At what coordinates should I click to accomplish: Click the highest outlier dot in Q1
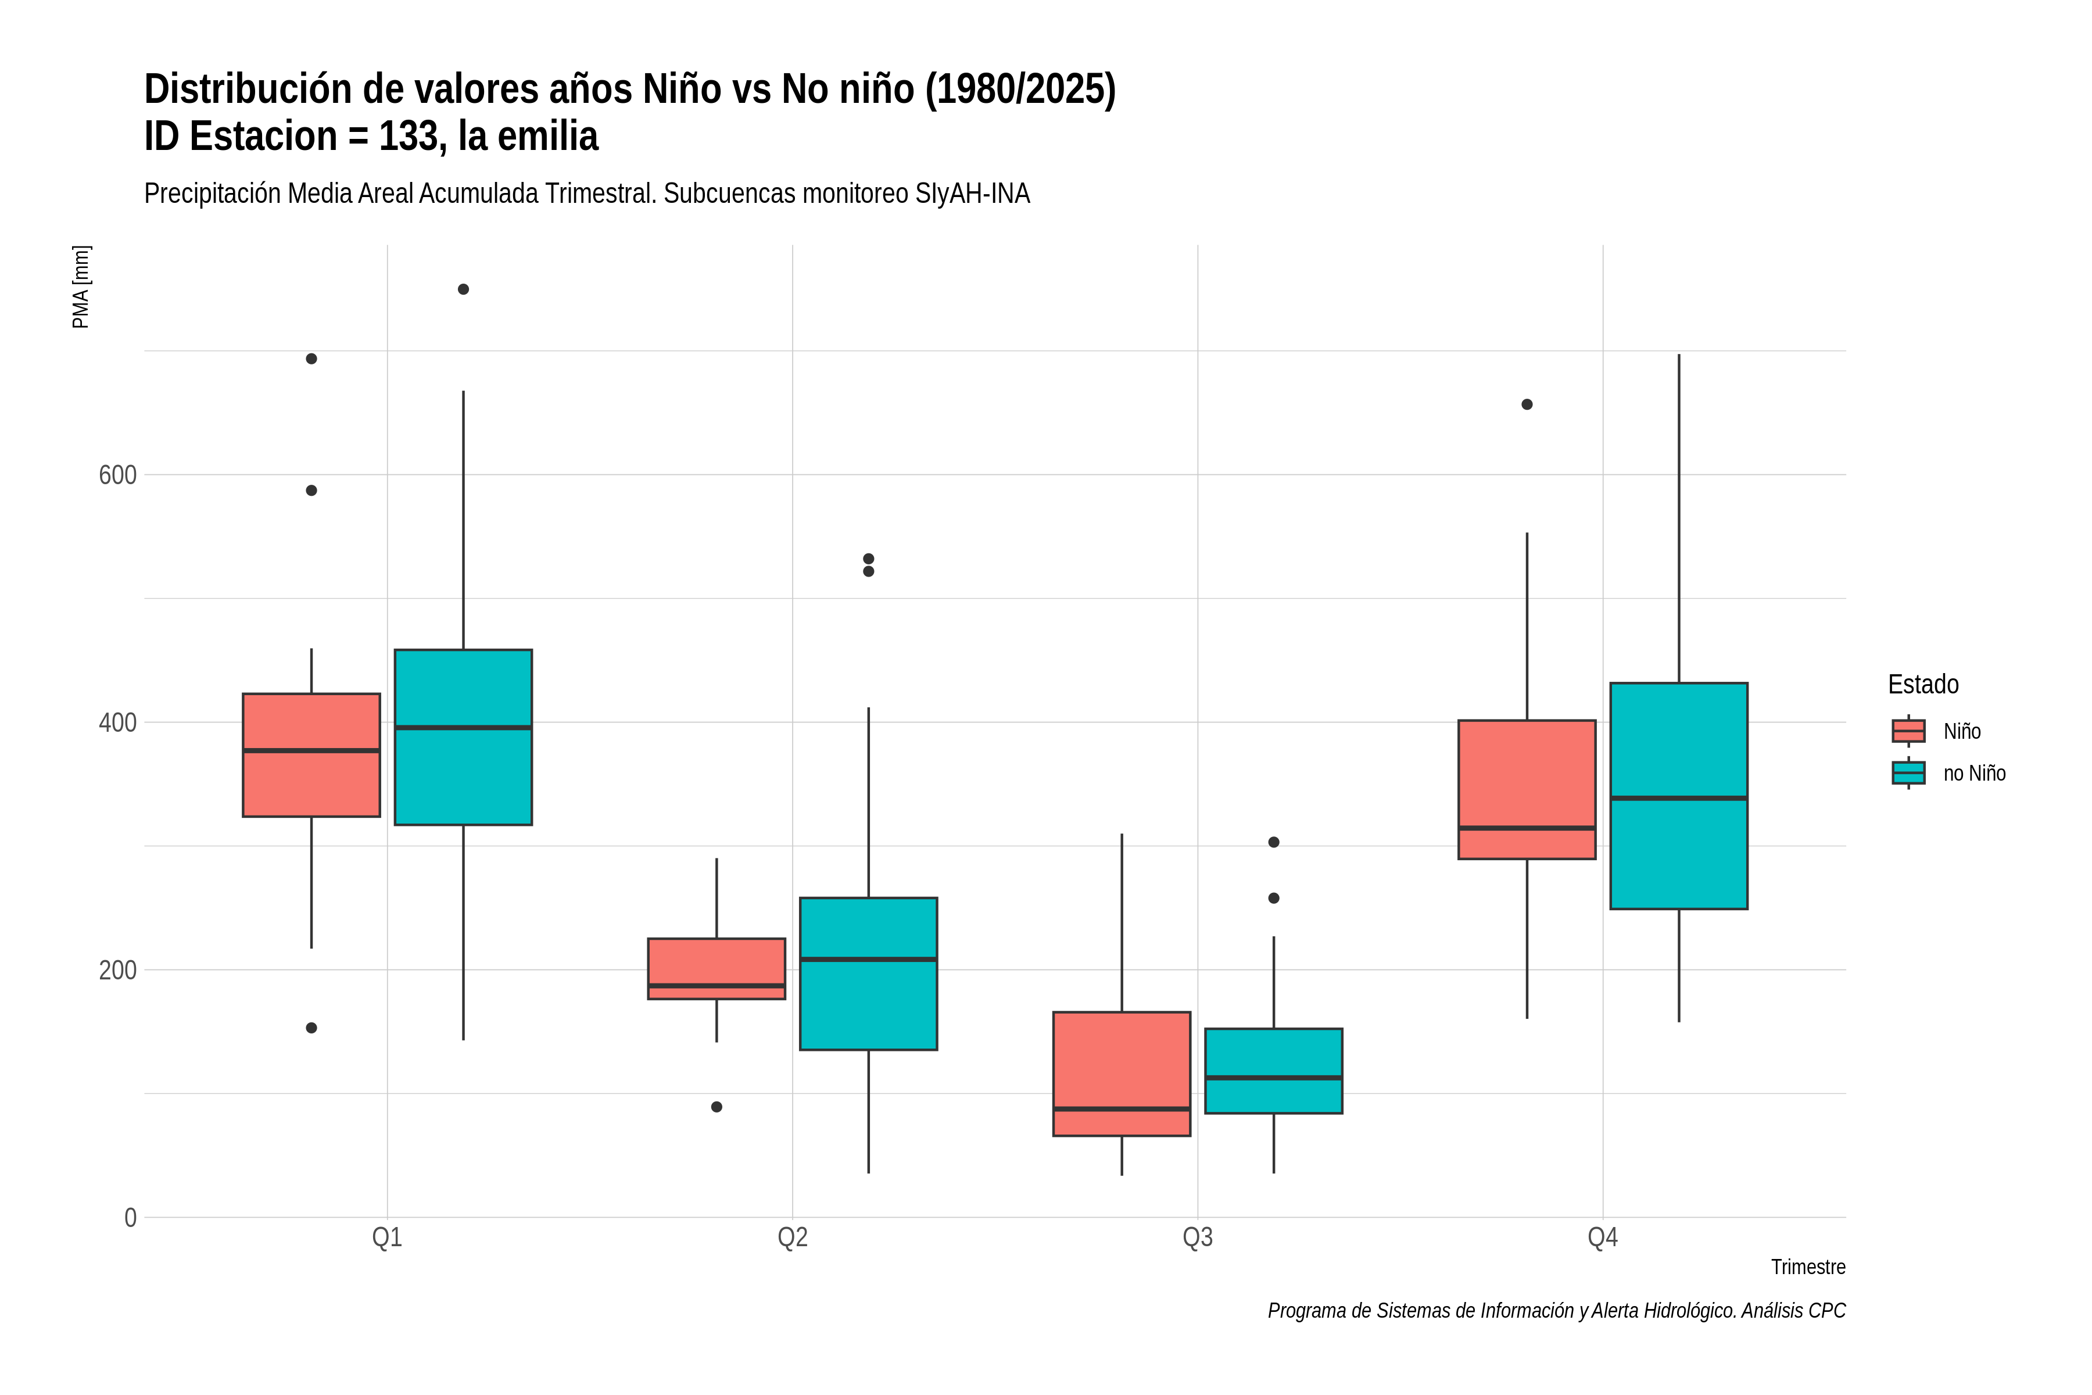click(463, 289)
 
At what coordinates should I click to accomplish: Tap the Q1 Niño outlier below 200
click(311, 1028)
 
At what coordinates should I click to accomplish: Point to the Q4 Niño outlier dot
click(1527, 405)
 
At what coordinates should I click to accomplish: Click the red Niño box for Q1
click(311, 755)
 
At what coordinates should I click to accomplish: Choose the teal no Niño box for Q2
click(868, 974)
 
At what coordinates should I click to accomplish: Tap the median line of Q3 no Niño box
click(1274, 1078)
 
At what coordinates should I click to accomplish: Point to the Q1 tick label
click(387, 1237)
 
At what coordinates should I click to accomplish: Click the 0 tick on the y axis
click(131, 1217)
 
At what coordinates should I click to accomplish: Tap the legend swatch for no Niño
click(1909, 773)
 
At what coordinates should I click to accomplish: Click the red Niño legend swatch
click(1909, 731)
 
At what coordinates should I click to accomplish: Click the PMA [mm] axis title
click(81, 287)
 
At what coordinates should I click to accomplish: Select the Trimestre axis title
click(1808, 1267)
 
